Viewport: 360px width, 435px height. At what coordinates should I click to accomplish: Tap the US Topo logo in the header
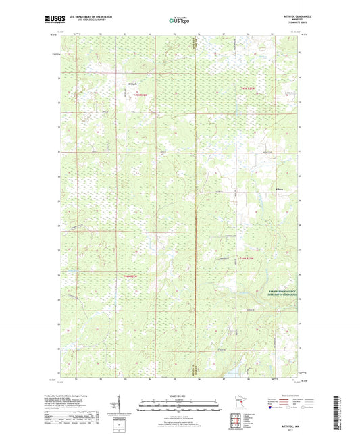click(x=179, y=21)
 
